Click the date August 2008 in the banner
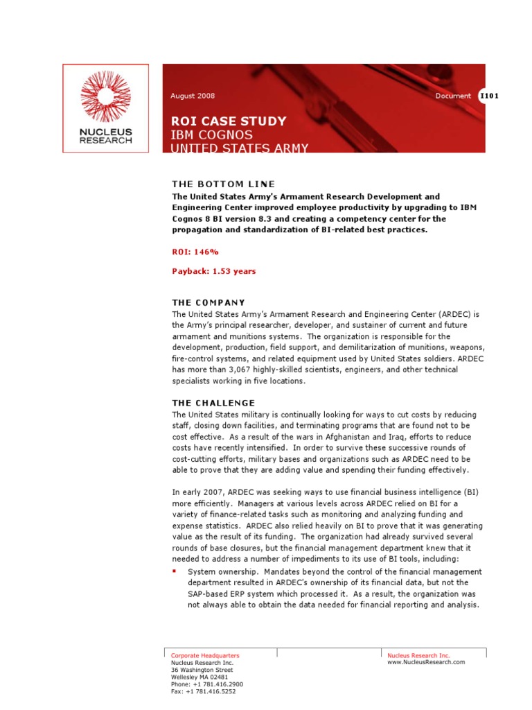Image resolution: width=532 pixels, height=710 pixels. (193, 96)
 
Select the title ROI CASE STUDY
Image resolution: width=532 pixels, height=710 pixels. (228, 121)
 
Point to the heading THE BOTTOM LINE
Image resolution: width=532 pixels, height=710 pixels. (223, 184)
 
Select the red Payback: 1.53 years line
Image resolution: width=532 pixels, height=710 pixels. (214, 271)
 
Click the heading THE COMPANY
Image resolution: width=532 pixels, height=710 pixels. (209, 302)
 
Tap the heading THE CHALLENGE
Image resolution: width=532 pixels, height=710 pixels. (213, 403)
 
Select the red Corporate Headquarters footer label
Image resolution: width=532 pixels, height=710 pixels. (205, 655)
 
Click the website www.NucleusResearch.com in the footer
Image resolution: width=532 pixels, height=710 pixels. (426, 663)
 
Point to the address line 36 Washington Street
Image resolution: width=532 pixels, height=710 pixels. (202, 670)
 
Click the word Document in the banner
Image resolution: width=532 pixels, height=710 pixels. (453, 96)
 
